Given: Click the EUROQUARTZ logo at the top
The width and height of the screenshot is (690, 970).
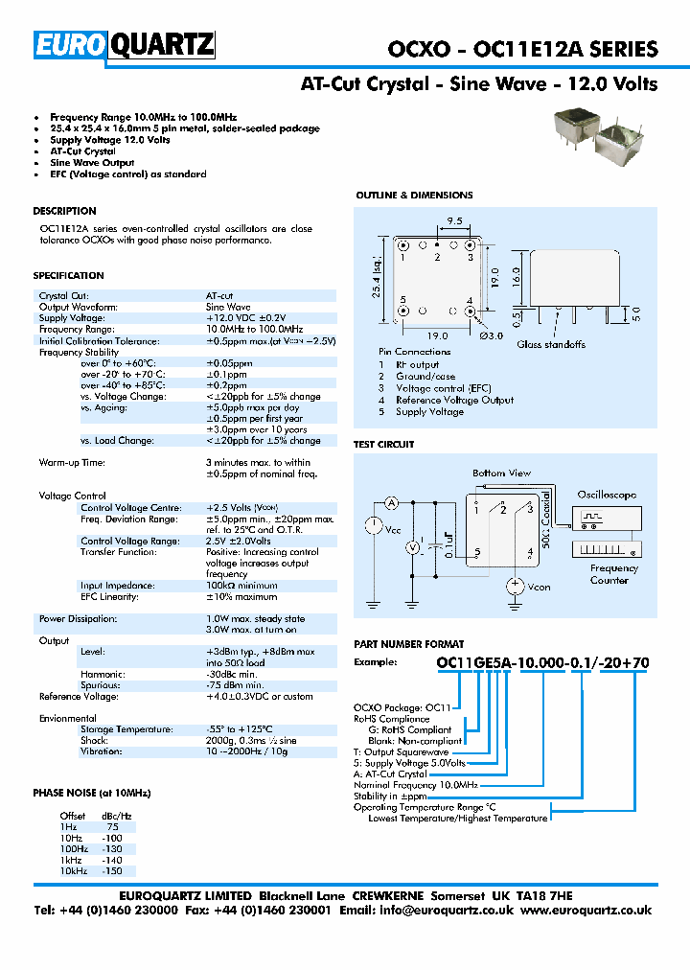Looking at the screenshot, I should [x=125, y=45].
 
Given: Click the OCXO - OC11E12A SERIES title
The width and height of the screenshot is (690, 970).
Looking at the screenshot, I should [x=522, y=50].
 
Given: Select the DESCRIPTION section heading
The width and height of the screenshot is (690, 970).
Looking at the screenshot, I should [x=64, y=211].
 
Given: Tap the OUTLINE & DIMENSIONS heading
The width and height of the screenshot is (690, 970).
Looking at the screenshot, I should [x=414, y=196].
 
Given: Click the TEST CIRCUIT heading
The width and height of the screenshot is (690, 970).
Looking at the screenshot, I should [x=384, y=445].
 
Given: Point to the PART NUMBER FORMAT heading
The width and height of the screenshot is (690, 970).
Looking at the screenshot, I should [x=409, y=644].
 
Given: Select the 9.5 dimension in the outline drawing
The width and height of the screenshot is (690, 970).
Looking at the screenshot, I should [x=454, y=221].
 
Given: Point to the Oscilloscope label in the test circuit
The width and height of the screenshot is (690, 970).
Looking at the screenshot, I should [x=606, y=495].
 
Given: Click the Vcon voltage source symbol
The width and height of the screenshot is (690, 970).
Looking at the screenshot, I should [x=515, y=585].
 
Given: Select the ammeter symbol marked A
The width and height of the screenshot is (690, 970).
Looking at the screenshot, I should [x=391, y=503].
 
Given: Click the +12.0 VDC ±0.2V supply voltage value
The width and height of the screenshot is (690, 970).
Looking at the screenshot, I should [x=245, y=318].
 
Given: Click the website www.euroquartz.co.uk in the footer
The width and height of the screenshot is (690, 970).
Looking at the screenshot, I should [x=586, y=910].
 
